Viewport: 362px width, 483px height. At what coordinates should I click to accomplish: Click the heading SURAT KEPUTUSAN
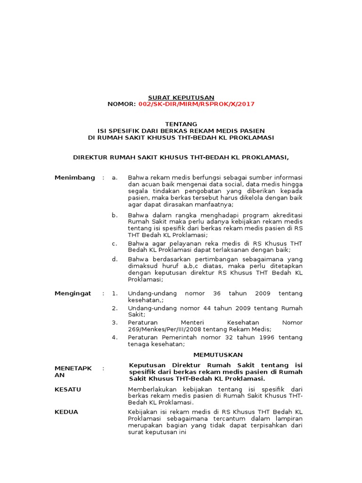click(x=181, y=97)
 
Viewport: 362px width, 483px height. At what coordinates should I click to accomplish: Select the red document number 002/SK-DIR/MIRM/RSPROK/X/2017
click(x=196, y=104)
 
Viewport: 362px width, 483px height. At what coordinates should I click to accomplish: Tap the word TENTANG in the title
click(x=181, y=124)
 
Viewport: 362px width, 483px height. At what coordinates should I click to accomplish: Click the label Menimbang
click(x=74, y=177)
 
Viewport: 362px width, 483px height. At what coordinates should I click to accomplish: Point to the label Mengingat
click(x=73, y=293)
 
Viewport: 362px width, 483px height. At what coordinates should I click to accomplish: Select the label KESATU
click(x=68, y=389)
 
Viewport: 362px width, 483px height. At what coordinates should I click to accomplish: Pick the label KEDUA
click(x=66, y=412)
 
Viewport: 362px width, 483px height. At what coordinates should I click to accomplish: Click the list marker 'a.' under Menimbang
click(x=114, y=177)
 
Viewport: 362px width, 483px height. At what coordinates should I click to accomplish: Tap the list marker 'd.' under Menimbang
click(x=114, y=259)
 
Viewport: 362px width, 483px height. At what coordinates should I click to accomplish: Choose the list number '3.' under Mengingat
click(x=114, y=322)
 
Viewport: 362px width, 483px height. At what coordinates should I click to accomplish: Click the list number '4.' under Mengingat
click(x=114, y=337)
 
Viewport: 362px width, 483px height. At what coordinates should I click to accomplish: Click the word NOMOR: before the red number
click(x=122, y=104)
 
